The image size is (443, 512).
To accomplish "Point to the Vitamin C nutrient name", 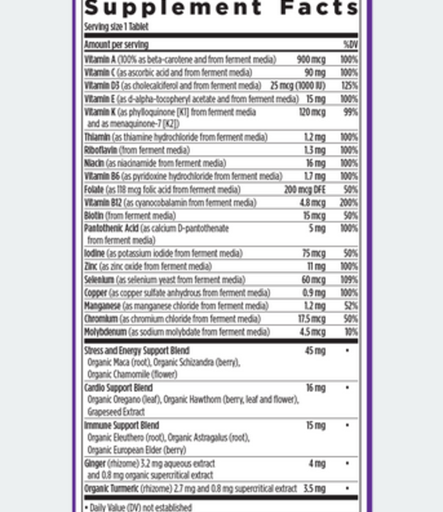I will click(97, 72).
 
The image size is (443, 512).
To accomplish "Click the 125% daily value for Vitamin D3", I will click(349, 86).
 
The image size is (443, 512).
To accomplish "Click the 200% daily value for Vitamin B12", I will click(349, 202).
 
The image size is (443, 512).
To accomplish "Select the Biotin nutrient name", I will click(94, 215).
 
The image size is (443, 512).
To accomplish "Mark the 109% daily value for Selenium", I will click(349, 279).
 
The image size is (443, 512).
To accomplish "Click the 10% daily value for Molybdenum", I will click(350, 331).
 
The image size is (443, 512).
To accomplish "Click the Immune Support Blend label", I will click(122, 425).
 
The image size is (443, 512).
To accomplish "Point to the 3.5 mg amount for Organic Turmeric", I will click(313, 487).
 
